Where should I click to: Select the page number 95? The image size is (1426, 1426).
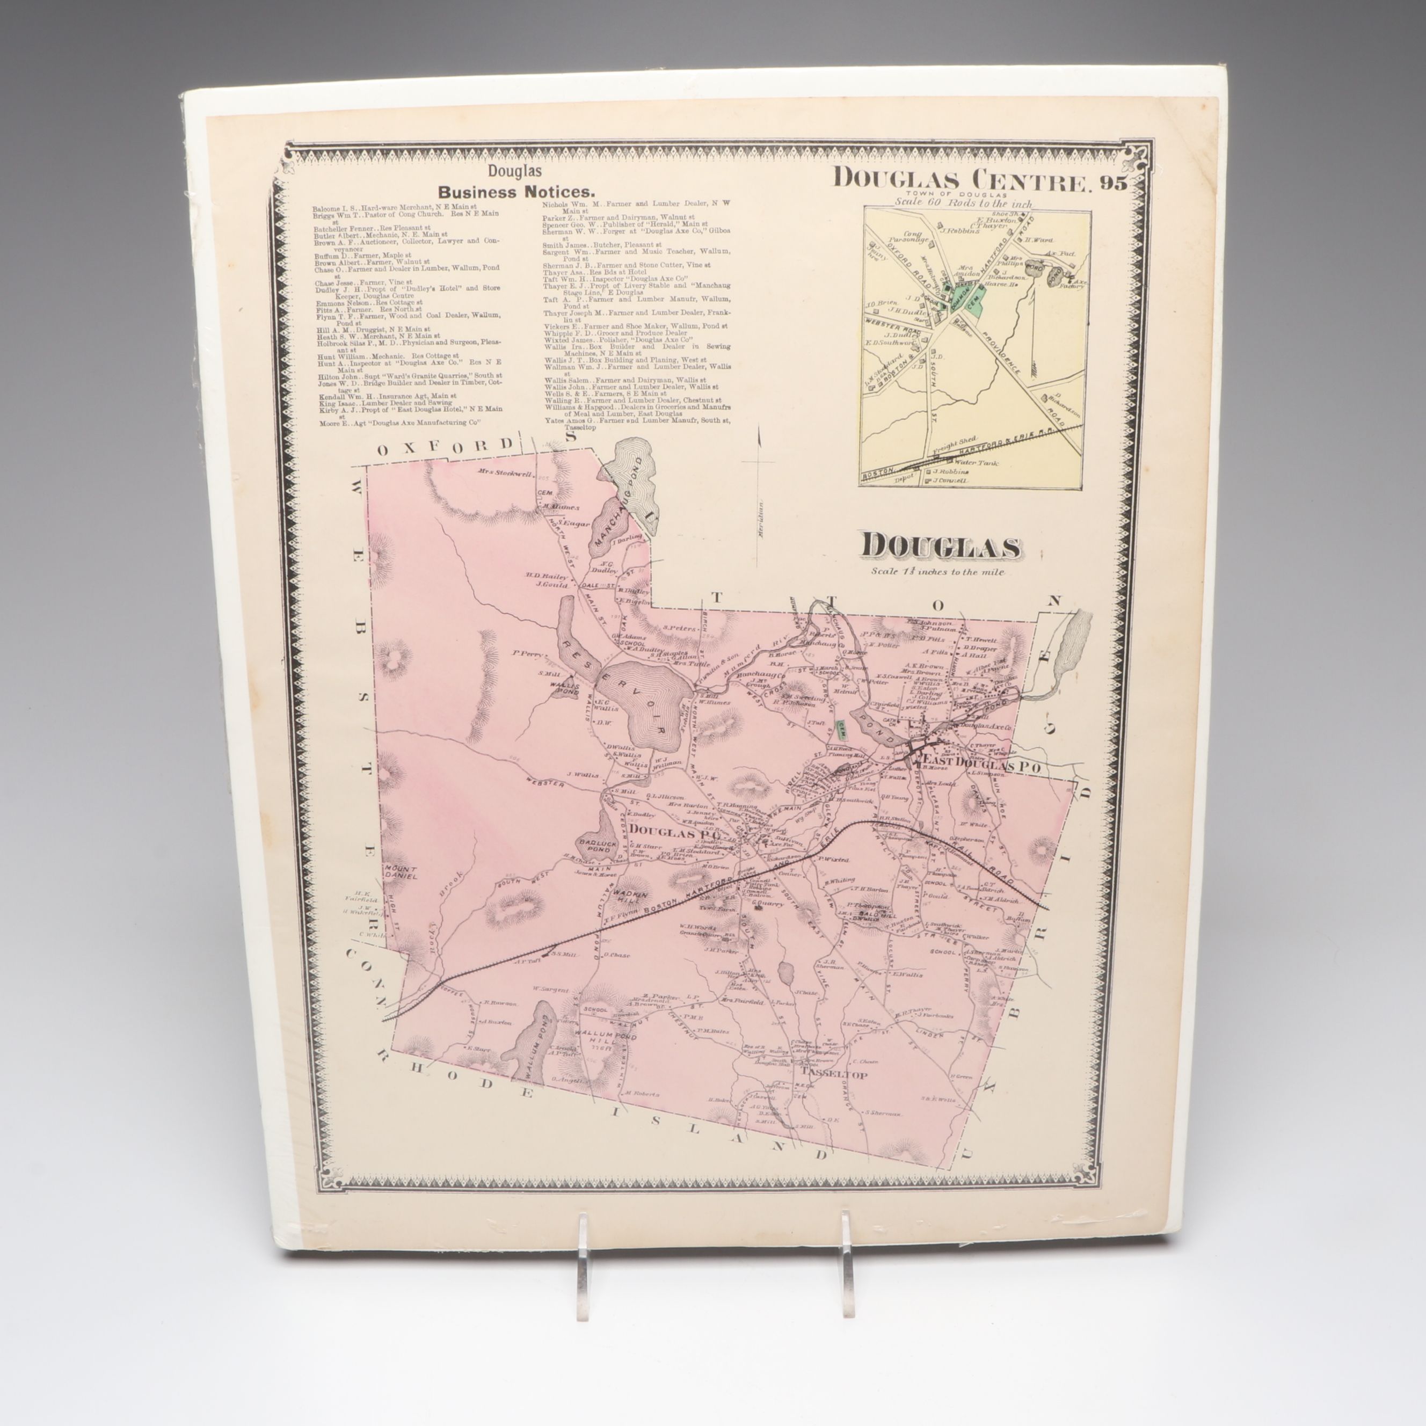point(1111,183)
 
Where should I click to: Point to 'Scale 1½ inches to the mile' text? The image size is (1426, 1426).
point(937,571)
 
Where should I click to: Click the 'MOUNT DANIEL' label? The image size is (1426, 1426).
point(401,872)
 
